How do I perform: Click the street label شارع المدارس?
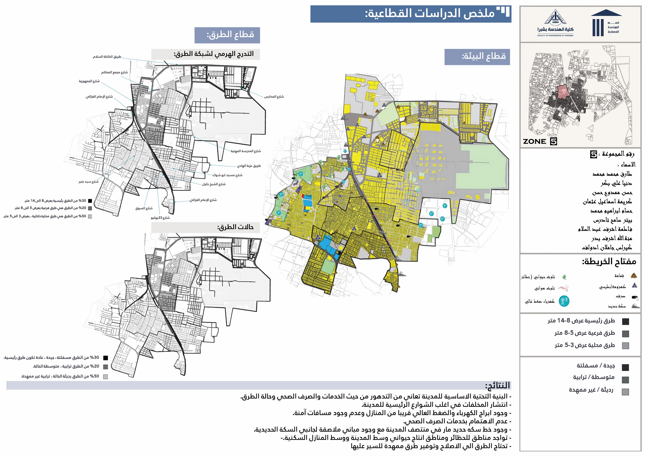pos(274,97)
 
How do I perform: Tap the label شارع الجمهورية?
pos(89,81)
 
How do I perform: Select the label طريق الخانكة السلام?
pos(107,57)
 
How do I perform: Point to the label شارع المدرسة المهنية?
pos(245,151)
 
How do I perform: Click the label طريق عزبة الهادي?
pos(249,166)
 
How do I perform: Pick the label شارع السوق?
pos(144,208)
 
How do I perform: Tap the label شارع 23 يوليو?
pos(160,218)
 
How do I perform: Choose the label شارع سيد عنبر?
pos(88,182)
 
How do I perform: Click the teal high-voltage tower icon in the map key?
pos(564,301)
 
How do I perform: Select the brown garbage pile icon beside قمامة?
pos(633,276)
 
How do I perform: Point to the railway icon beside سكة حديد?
pos(635,306)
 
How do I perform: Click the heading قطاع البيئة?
pos(484,56)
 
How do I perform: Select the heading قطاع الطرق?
pos(230,35)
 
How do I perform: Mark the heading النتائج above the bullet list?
pos(497,385)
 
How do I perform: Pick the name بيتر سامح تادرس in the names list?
pos(612,221)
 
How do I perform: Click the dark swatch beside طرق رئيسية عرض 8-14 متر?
pos(625,321)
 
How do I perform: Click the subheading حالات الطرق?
pos(235,227)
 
